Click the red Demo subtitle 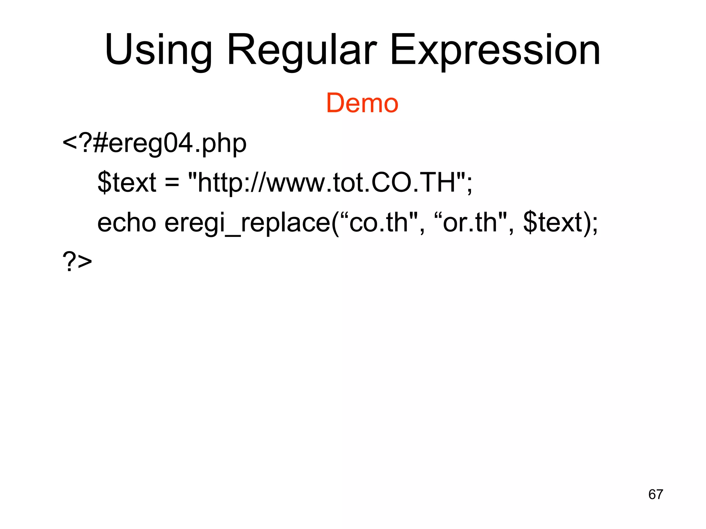click(x=362, y=103)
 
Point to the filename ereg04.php click(x=178, y=144)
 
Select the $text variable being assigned click(x=127, y=183)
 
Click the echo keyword click(x=127, y=222)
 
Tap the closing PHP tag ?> click(x=77, y=262)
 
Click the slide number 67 click(x=655, y=494)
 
